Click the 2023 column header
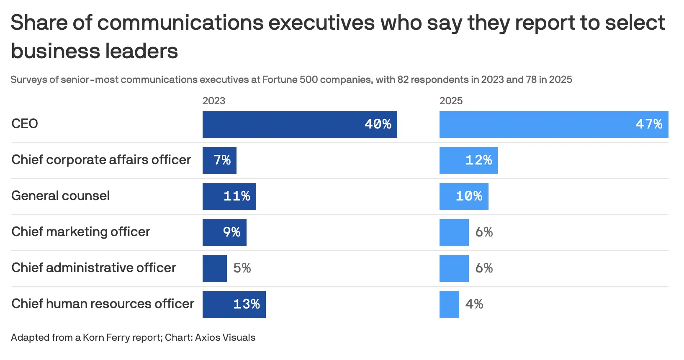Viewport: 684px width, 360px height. point(214,101)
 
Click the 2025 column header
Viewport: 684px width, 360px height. point(451,101)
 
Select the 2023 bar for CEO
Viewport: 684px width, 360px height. point(300,124)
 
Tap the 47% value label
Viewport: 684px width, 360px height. point(649,124)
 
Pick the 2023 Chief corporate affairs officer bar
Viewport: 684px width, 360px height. point(219,160)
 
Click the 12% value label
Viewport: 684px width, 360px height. point(478,160)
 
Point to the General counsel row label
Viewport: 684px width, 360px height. point(60,196)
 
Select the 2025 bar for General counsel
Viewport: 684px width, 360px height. point(464,196)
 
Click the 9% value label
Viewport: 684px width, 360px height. point(231,232)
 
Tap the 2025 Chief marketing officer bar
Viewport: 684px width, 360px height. point(454,232)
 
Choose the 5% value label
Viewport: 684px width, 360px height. point(242,268)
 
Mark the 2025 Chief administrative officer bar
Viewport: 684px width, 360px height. point(454,268)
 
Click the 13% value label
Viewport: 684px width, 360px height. point(246,304)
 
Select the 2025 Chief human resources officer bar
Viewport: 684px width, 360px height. point(449,304)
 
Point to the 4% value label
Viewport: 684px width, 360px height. point(474,304)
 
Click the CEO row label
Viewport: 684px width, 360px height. point(25,124)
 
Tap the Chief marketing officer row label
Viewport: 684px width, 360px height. point(81,232)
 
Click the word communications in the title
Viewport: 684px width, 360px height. point(180,23)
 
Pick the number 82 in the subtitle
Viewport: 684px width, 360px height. point(403,80)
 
